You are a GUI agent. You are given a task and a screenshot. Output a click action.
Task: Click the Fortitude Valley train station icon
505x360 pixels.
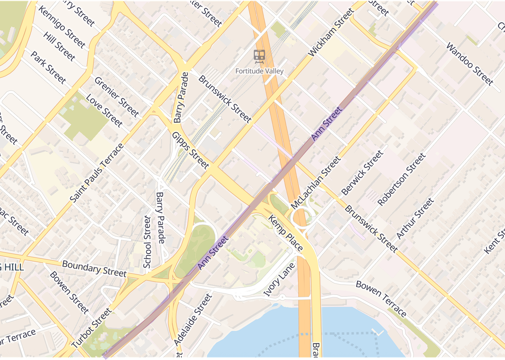pos(259,56)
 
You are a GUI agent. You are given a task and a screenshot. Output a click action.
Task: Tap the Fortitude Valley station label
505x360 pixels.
pos(259,71)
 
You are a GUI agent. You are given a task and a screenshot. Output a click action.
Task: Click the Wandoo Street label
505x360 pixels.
pos(470,64)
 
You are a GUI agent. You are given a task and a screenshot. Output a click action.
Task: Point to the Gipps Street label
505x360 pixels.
pos(190,150)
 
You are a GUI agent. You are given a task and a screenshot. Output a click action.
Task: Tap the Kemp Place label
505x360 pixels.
pos(285,233)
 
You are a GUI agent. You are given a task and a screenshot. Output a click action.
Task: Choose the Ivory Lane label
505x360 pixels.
pos(279,279)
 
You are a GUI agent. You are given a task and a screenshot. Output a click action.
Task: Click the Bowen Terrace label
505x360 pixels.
pos(381,298)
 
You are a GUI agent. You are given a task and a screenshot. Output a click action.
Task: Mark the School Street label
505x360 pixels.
pos(147,242)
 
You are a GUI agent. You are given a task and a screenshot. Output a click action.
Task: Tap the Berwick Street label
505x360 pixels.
pos(362,173)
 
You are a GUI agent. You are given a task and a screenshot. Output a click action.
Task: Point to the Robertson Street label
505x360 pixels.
pos(401,179)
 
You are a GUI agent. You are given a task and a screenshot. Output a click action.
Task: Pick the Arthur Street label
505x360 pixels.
pos(415,218)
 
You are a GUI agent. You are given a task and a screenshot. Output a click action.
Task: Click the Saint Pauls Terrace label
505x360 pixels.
pos(97,173)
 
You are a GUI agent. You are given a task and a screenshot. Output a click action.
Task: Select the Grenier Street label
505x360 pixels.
pos(116,97)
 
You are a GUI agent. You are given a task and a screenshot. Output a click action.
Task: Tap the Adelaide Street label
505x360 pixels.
pos(193,320)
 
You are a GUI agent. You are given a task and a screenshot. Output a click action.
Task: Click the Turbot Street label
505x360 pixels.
pos(91,328)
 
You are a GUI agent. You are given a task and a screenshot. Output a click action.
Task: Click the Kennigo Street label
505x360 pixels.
pos(62,26)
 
